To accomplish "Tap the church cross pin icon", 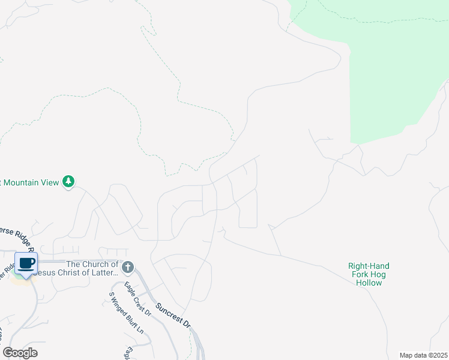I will click(x=127, y=267).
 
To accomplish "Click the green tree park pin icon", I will click(x=68, y=181).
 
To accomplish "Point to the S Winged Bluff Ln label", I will click(x=126, y=313).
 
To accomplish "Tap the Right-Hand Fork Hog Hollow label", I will click(x=369, y=274).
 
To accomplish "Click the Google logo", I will click(x=20, y=353).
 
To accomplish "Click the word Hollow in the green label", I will click(x=369, y=283).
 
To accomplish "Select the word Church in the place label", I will click(x=96, y=264).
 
